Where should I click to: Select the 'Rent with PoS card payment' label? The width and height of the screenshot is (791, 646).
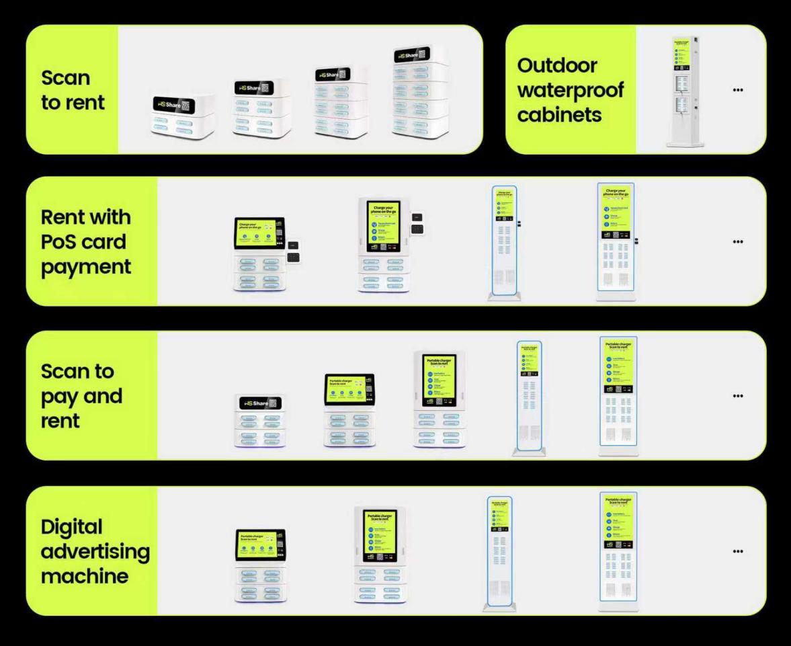tap(86, 242)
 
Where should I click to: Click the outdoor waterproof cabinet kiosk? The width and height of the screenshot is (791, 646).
tap(683, 90)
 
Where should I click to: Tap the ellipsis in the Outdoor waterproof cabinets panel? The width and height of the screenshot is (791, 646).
tap(738, 90)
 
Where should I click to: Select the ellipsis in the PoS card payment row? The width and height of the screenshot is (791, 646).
tap(738, 242)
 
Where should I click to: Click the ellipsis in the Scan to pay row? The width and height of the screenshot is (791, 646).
tap(738, 396)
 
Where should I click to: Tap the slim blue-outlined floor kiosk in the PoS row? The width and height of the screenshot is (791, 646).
tap(503, 243)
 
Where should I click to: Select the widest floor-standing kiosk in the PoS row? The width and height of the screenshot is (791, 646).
tap(616, 242)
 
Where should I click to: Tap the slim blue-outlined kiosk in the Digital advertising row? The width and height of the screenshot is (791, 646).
tap(500, 554)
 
